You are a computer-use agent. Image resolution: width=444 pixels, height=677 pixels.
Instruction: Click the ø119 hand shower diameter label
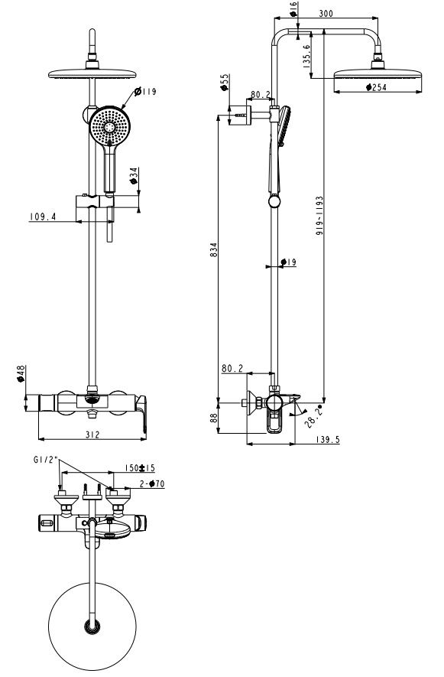pyautogui.click(x=145, y=93)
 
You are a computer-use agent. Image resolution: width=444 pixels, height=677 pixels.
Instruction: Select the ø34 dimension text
pyautogui.click(x=133, y=177)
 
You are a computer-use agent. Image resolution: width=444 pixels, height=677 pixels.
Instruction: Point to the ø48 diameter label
pyautogui.click(x=21, y=374)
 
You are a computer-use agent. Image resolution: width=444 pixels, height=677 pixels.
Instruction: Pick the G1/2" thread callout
pyautogui.click(x=44, y=460)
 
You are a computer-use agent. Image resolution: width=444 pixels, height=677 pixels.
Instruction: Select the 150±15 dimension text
pyautogui.click(x=140, y=468)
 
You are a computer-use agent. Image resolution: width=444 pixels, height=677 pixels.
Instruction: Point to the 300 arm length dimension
pyautogui.click(x=326, y=14)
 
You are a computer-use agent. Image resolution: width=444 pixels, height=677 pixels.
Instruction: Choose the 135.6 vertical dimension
pyautogui.click(x=306, y=57)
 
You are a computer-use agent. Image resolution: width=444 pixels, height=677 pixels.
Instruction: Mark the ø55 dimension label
pyautogui.click(x=225, y=83)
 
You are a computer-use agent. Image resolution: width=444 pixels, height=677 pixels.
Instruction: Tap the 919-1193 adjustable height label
pyautogui.click(x=319, y=219)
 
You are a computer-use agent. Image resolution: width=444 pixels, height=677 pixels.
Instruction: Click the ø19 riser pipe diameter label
pyautogui.click(x=289, y=262)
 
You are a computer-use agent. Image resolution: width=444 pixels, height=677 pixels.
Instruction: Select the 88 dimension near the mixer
pyautogui.click(x=214, y=417)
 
